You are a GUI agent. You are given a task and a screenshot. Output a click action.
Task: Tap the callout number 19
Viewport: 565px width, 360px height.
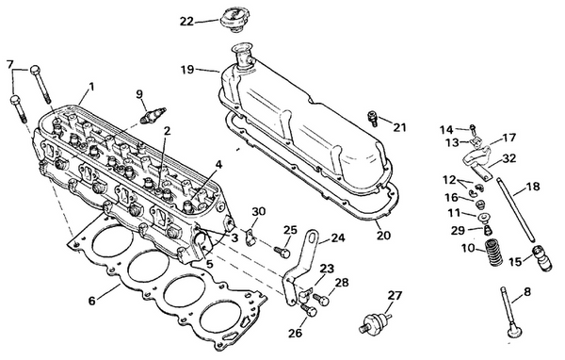186,69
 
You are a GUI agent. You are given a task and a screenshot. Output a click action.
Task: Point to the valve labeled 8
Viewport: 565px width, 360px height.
514,325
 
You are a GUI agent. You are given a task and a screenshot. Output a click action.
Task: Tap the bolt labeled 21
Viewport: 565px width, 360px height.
372,117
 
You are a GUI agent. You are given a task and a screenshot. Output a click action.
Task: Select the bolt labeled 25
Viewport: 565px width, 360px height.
281,251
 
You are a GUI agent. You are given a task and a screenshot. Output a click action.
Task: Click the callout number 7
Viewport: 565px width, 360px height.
10,64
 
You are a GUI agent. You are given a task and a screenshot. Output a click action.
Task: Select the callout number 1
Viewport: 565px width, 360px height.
90,88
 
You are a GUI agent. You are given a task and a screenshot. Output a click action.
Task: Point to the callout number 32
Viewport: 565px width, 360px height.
509,158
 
